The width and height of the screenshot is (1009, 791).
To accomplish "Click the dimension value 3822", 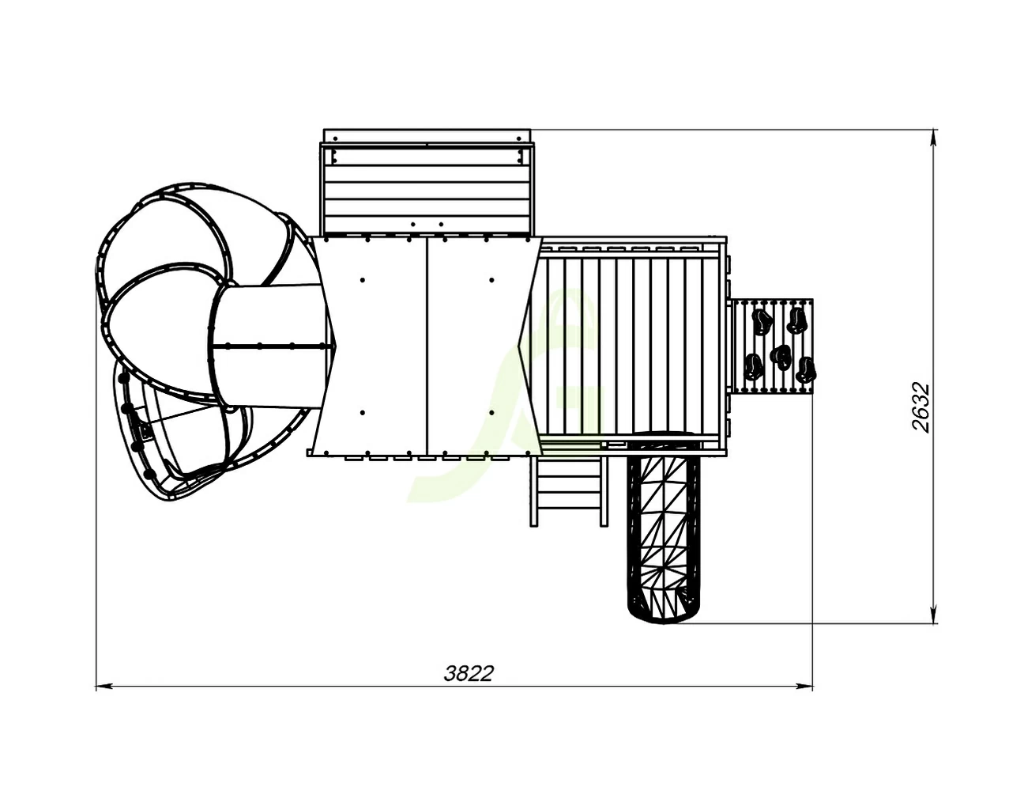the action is tap(469, 673).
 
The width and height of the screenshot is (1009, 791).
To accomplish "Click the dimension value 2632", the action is tap(921, 407).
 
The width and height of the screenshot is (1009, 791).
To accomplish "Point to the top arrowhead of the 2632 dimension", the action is tap(932, 138).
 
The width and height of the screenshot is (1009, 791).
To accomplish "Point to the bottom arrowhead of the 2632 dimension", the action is tap(932, 615).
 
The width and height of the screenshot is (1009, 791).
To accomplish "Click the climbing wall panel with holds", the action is tap(772, 346).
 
